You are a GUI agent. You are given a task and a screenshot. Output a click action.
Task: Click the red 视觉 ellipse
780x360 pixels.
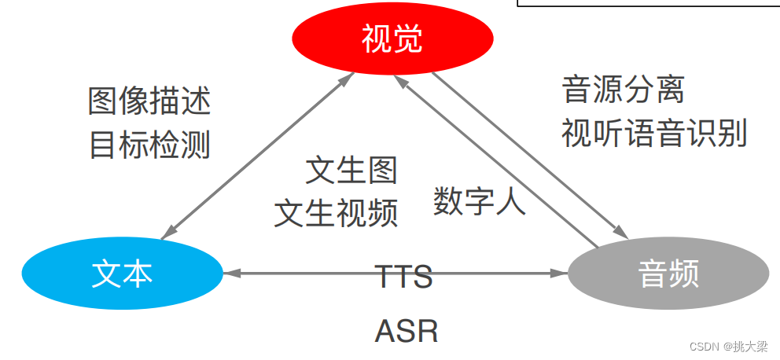392,39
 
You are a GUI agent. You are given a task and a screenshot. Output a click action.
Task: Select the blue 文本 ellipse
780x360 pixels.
122,274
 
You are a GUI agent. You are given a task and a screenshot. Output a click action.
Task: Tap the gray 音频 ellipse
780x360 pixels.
668,274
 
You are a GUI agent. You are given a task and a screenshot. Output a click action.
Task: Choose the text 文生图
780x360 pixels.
351,170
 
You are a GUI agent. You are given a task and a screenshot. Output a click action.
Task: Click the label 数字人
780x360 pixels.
479,202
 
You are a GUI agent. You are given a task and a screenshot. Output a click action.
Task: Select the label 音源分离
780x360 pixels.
624,90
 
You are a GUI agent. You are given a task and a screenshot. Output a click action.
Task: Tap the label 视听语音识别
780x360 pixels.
653,134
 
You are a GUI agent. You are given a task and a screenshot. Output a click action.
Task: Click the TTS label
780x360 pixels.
403,277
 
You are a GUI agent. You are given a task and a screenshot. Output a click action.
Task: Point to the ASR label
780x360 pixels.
406,331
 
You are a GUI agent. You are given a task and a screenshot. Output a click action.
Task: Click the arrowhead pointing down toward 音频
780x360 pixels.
619,231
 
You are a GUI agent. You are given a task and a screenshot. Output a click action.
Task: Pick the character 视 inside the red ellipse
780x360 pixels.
375,39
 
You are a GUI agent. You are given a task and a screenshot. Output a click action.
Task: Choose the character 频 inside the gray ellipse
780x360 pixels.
682,274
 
